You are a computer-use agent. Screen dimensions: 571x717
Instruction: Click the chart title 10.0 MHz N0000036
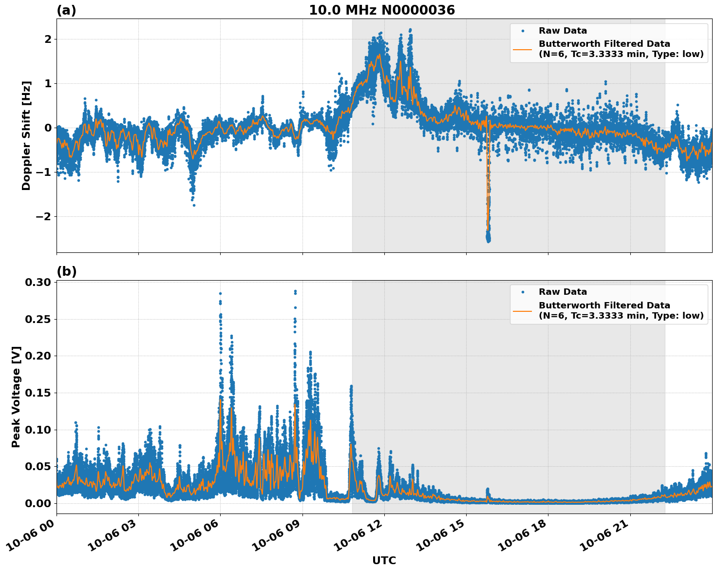(x=381, y=10)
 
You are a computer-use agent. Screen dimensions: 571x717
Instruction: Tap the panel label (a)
(x=66, y=10)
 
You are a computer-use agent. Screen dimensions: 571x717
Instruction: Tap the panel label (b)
(x=66, y=271)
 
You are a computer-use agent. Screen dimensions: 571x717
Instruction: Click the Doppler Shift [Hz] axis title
(x=26, y=135)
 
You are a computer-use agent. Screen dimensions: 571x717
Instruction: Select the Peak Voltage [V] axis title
(x=16, y=397)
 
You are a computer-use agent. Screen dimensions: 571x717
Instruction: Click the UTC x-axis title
(x=384, y=560)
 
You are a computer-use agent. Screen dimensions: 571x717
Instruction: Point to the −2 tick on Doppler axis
(x=44, y=216)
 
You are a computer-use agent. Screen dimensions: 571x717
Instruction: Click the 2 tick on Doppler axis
(x=48, y=39)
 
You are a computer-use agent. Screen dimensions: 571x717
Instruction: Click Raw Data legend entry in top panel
(x=563, y=31)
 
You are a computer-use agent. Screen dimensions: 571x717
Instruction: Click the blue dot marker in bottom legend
(x=523, y=292)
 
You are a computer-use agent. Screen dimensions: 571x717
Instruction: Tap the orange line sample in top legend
(x=523, y=49)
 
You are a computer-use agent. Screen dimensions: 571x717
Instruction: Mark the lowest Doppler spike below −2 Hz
(x=488, y=240)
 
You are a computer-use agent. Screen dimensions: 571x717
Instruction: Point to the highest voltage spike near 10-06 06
(x=220, y=293)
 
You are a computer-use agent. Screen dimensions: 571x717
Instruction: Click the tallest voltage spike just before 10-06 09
(x=295, y=291)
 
